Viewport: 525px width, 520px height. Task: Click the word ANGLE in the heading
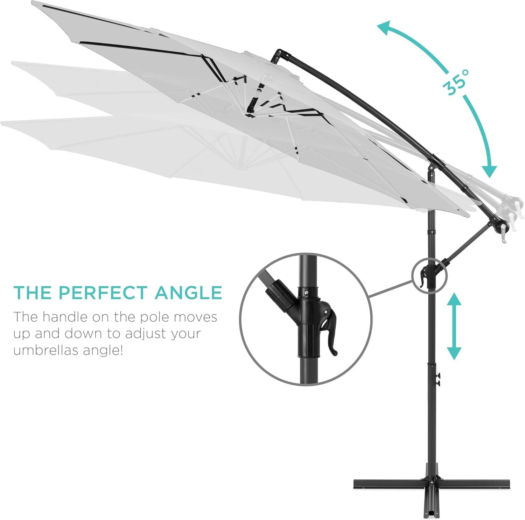188,293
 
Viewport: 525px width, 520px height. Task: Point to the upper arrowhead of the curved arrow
386,28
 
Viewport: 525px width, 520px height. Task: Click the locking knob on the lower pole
437,380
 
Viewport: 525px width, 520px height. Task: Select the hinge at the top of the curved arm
279,55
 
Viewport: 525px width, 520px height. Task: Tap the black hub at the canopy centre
251,107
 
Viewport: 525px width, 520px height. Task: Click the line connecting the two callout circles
392,288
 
